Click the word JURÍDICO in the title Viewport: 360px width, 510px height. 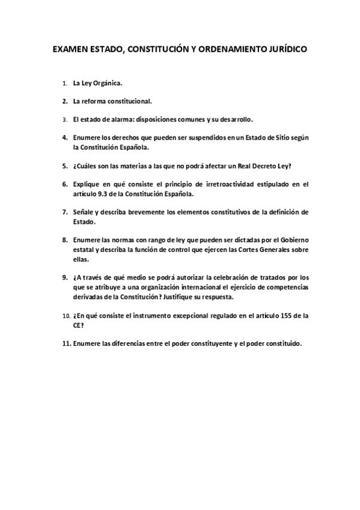coord(281,51)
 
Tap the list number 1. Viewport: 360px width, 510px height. coord(64,84)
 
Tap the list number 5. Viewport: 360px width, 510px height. coord(64,165)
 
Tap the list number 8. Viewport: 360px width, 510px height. coord(64,240)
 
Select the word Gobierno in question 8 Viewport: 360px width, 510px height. coord(291,240)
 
